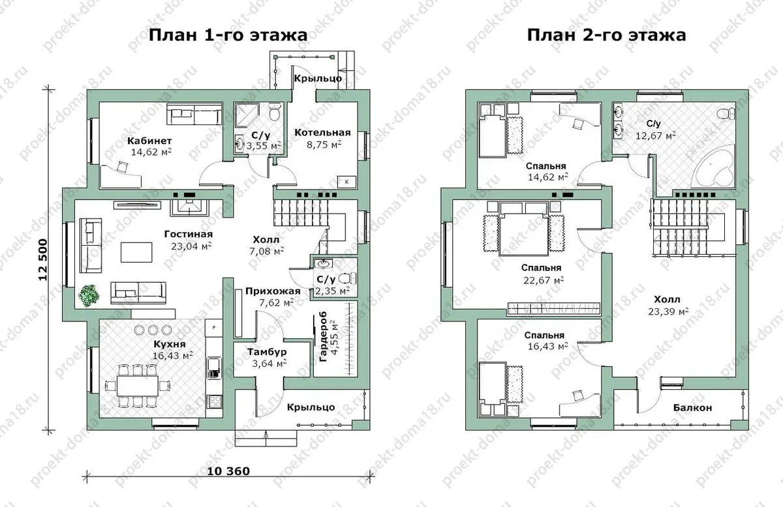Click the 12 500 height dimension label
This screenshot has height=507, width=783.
point(42,260)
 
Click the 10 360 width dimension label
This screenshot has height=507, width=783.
point(228,471)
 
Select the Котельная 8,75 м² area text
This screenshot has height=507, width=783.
point(324,145)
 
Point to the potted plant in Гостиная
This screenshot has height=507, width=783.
point(89,296)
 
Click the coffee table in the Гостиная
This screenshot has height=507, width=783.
point(136,252)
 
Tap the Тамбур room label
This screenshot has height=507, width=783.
point(267,352)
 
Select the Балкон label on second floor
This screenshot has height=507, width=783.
point(692,407)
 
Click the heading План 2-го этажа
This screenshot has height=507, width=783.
point(606,35)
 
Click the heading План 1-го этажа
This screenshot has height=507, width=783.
point(228,35)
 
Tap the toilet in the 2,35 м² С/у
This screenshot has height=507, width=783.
point(347,278)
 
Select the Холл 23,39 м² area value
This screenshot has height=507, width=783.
point(668,311)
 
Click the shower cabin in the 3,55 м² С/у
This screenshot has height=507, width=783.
point(246,115)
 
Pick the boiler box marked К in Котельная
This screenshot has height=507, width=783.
point(346,182)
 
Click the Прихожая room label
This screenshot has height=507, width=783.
point(273,291)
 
